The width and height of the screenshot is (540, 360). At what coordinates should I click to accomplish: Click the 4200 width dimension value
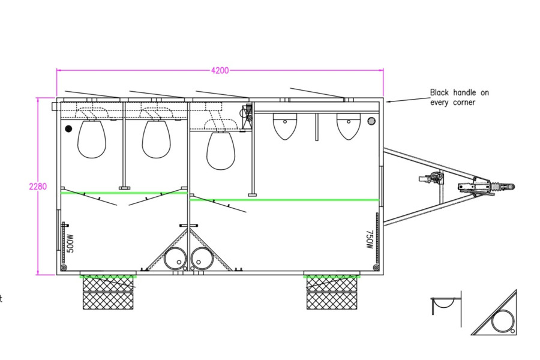(x=220, y=70)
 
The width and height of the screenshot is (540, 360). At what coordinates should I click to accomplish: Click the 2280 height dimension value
(x=38, y=187)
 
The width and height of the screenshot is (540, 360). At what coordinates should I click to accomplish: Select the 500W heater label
(x=70, y=244)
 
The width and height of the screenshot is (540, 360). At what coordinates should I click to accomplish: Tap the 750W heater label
(x=370, y=239)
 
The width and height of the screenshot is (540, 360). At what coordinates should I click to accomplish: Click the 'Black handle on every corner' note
(x=460, y=97)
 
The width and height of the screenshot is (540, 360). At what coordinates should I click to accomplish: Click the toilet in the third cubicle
(x=221, y=151)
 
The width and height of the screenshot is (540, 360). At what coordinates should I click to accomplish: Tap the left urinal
(x=285, y=127)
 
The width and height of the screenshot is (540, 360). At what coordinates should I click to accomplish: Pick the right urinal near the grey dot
(x=349, y=127)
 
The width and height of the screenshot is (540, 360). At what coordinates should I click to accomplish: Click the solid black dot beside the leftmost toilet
(x=68, y=129)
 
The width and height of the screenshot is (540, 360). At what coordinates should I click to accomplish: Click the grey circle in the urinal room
(x=371, y=121)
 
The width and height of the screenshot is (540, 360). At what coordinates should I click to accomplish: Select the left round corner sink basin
(x=175, y=259)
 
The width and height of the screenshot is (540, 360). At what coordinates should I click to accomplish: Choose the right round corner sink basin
(x=202, y=259)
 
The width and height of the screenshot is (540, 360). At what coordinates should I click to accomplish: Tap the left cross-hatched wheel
(x=108, y=292)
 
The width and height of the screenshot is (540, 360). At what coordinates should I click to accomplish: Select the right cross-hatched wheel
(x=332, y=292)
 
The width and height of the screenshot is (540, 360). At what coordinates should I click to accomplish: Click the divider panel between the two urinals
(x=316, y=127)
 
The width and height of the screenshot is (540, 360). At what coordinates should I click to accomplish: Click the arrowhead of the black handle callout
(x=388, y=102)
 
